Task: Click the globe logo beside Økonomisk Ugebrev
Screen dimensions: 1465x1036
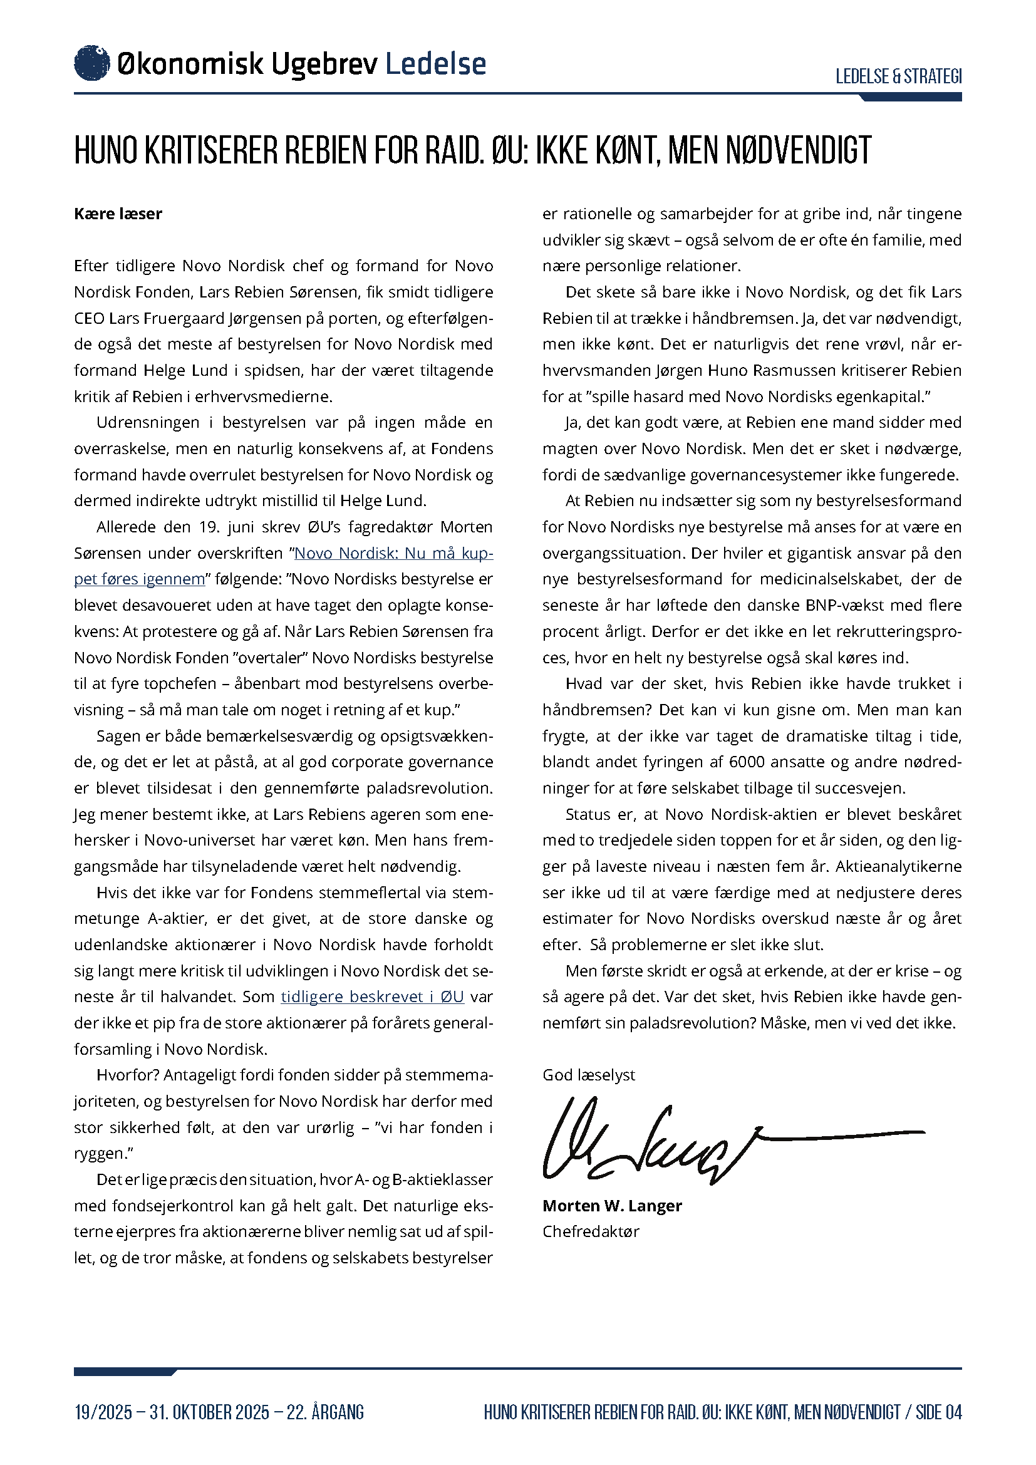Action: tap(92, 63)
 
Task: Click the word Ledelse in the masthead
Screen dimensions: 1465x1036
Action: tap(436, 64)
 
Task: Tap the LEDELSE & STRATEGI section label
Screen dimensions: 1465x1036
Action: tap(898, 76)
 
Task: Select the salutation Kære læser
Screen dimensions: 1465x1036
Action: tap(118, 214)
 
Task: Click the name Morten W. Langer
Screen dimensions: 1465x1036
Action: tap(612, 1205)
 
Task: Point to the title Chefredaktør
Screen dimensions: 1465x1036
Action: tap(591, 1231)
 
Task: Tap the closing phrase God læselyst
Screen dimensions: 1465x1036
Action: tap(589, 1075)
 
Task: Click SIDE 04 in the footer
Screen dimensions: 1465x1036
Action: tap(938, 1412)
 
